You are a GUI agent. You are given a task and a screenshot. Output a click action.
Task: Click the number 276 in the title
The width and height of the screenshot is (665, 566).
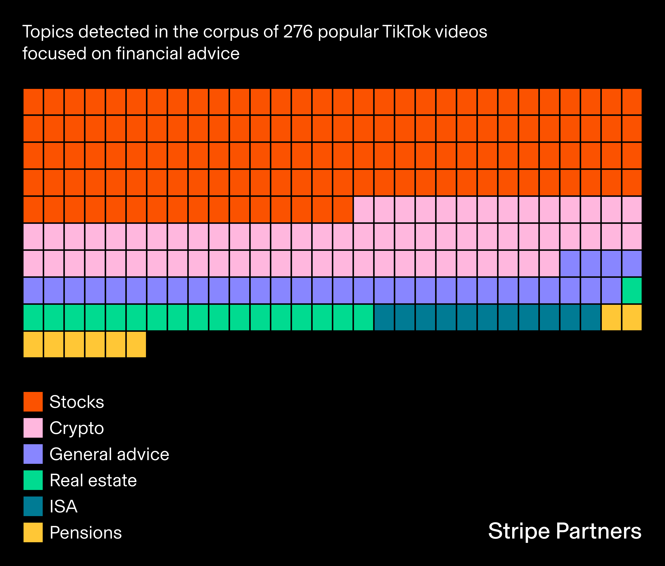(298, 32)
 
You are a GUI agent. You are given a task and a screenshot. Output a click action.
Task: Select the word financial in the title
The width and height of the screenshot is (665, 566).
(150, 54)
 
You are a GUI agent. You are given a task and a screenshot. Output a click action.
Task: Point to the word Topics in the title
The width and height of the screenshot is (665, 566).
(48, 32)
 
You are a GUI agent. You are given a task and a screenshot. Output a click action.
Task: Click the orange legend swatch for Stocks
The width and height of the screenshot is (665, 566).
(33, 401)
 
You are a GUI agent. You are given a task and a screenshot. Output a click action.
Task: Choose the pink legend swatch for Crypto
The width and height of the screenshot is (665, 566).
(33, 428)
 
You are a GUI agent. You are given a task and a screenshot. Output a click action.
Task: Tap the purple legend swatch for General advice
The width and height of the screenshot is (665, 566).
(33, 454)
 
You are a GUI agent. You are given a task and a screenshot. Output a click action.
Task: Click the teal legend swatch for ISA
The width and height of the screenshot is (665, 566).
(33, 506)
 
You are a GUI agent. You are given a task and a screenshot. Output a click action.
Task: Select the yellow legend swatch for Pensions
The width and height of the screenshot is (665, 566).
(33, 532)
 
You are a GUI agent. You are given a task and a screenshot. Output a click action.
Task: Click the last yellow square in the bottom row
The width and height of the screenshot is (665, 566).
(136, 344)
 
